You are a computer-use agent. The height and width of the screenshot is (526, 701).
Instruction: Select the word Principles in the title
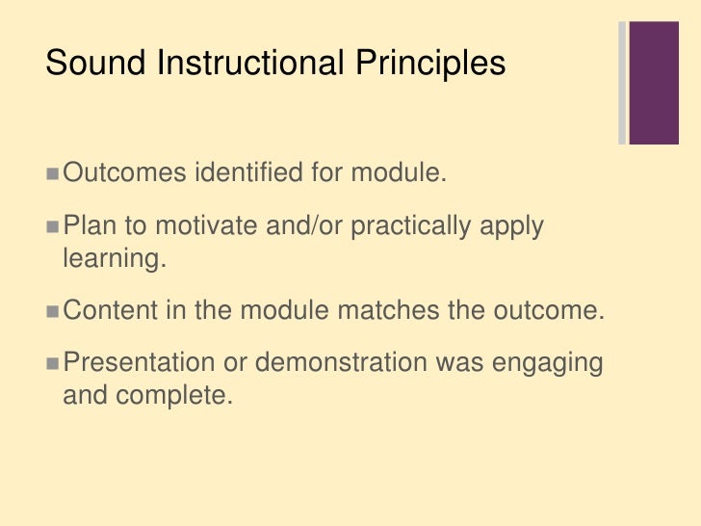428,64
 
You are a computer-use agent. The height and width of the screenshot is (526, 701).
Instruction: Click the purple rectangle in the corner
655,83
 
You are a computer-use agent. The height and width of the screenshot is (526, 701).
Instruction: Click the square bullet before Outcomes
52,174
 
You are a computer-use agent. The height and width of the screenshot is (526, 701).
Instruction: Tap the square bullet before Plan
52,227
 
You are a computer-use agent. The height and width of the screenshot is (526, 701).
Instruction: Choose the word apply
512,227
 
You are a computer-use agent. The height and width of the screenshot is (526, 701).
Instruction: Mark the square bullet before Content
52,311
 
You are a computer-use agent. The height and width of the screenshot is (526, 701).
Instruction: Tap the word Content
115,311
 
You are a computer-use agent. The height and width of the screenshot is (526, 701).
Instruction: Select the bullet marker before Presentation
52,363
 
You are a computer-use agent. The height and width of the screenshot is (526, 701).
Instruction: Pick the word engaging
547,363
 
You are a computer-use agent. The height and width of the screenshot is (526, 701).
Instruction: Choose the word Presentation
139,363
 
